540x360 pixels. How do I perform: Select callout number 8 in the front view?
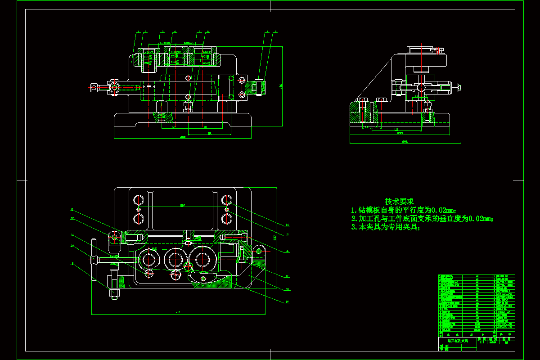coord(276,32)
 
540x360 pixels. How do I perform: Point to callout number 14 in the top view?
coord(287,225)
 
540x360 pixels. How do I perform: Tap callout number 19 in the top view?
coord(287,302)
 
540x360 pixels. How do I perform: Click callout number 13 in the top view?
coord(72,210)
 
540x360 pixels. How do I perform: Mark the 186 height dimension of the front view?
coord(281,86)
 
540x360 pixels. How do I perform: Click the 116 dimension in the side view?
coord(396,130)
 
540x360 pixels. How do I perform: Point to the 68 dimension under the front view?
coord(174,127)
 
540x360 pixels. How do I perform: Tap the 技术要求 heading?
coord(399,202)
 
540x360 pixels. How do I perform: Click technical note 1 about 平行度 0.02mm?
coord(404,210)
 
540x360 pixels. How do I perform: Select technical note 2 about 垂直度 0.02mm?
coord(422,219)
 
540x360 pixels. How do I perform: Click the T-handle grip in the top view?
coord(94,260)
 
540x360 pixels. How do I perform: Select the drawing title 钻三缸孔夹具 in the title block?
coord(458,341)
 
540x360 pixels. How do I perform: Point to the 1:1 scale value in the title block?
coord(482,342)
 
